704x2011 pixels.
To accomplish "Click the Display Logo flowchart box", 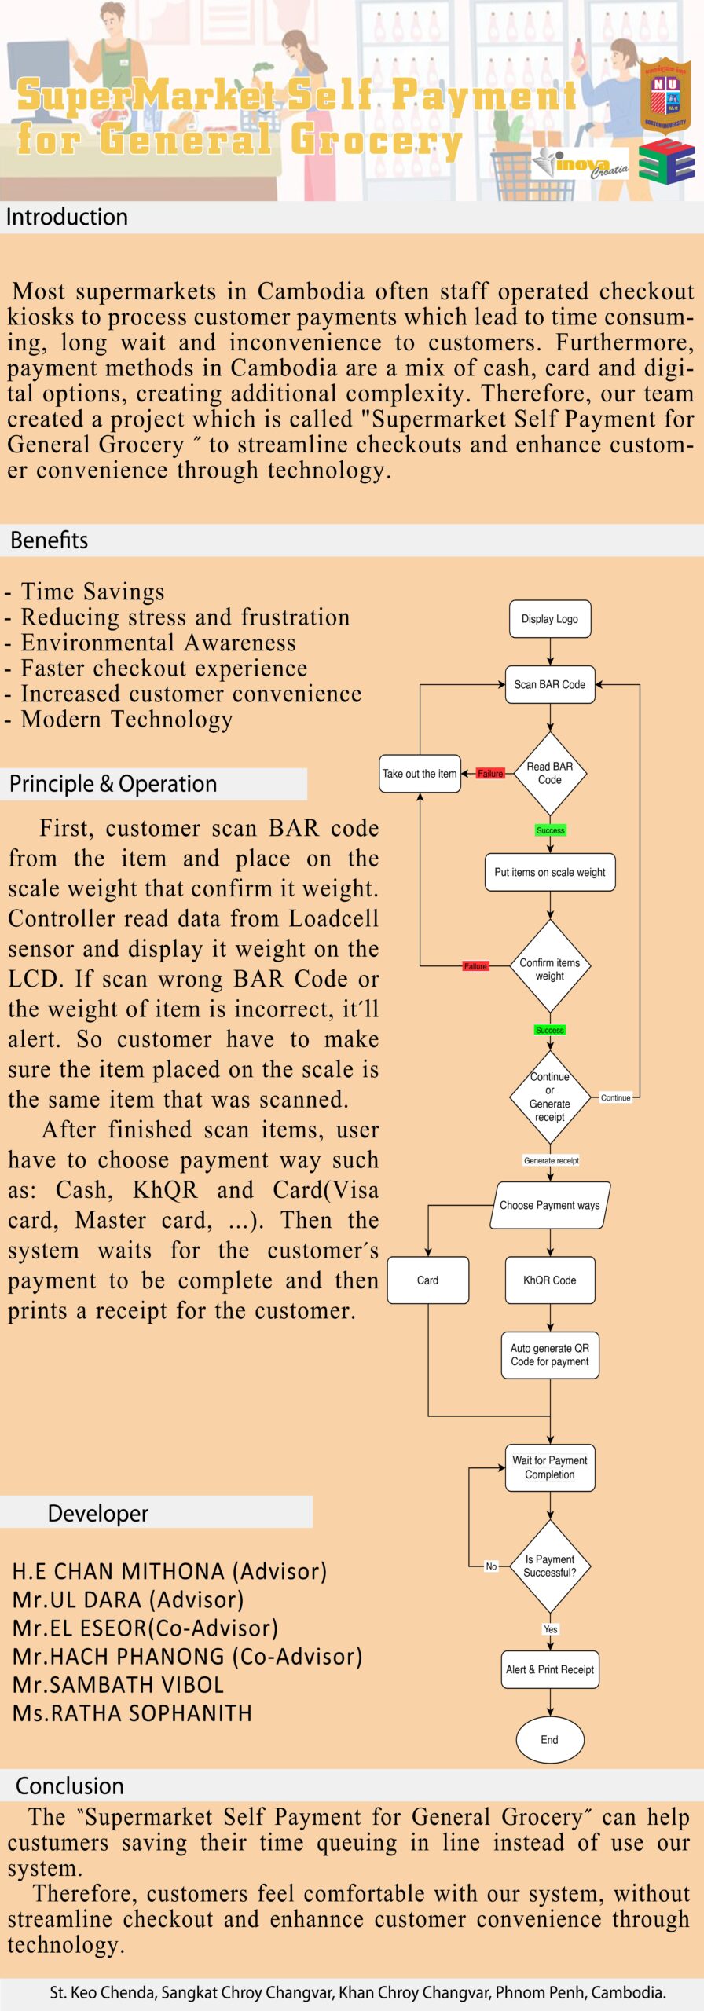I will pos(549,619).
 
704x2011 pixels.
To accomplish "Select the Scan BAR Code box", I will pos(549,684).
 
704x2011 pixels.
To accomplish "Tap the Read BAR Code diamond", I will pos(549,774).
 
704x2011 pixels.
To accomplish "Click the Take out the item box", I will pos(420,774).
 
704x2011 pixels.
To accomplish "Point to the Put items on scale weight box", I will pos(549,872).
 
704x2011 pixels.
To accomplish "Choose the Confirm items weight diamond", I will pos(549,969).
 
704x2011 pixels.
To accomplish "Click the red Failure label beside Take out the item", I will pos(490,774).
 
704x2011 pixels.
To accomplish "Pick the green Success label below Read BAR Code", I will pos(550,830).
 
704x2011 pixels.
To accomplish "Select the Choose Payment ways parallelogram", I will pos(549,1205).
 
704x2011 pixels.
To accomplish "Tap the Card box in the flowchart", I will pos(427,1280).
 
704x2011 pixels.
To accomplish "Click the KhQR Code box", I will pos(549,1280).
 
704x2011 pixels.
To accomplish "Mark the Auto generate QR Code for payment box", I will pos(549,1355).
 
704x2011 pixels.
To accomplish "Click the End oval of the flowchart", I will pos(549,1740).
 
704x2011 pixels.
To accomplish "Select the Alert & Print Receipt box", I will pos(549,1669).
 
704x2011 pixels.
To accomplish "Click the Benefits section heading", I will pos(49,540).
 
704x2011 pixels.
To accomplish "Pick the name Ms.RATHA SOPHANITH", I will pos(132,1713).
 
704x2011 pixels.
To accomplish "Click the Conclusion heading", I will pos(70,1786).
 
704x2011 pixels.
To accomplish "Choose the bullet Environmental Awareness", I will pos(158,643).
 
